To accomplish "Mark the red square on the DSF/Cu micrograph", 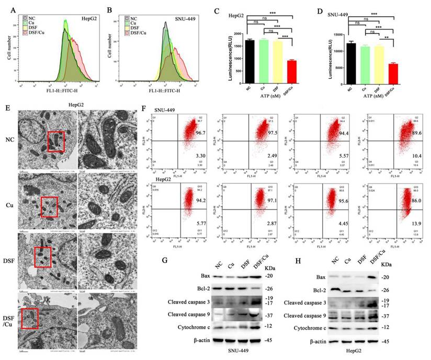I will pos(30,318).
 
